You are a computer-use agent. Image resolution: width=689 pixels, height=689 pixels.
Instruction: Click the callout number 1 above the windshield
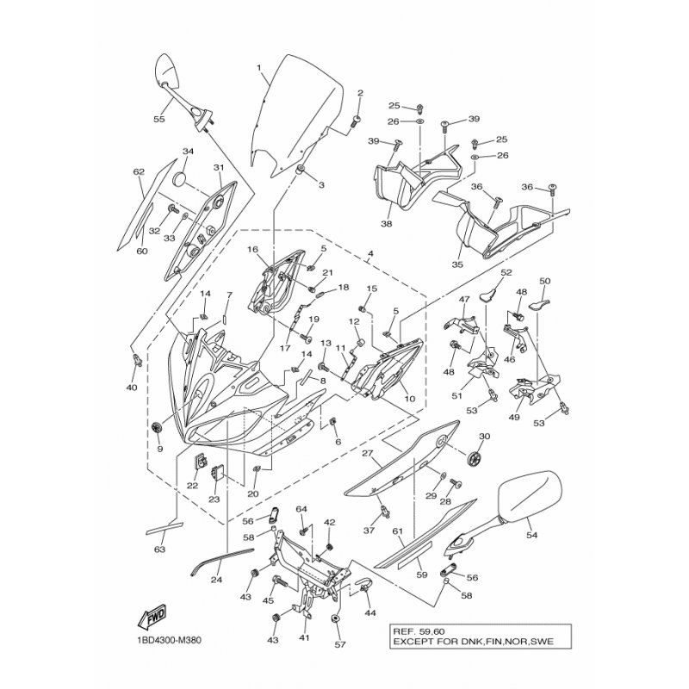point(258,67)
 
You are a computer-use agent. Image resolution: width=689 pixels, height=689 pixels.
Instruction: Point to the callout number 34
point(188,152)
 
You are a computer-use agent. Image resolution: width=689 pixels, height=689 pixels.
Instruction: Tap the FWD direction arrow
point(148,617)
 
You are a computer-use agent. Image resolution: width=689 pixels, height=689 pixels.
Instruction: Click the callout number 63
point(160,548)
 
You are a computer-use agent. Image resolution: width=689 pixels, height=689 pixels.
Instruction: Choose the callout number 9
point(158,448)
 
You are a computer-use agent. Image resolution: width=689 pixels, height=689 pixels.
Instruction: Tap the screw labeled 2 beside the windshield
point(355,121)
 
